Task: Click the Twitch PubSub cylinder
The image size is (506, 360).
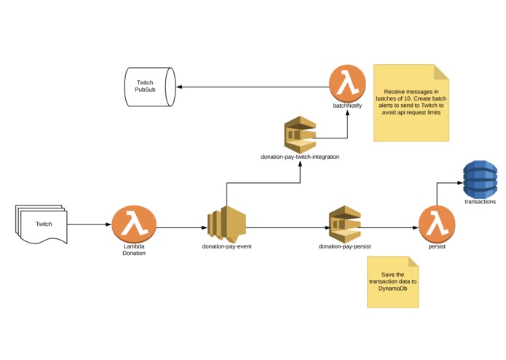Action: pyautogui.click(x=150, y=87)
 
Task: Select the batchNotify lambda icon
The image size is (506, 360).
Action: pyautogui.click(x=347, y=83)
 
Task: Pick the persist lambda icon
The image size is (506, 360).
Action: pyautogui.click(x=437, y=224)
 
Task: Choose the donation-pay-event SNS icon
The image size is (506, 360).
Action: pyautogui.click(x=226, y=224)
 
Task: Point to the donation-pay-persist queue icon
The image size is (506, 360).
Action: pyautogui.click(x=344, y=224)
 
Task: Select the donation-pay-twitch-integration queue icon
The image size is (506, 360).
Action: pyautogui.click(x=300, y=135)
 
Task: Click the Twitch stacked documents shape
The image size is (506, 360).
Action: pyautogui.click(x=41, y=224)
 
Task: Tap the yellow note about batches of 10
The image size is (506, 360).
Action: pyautogui.click(x=411, y=103)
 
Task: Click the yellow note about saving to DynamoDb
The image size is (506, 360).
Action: pyautogui.click(x=392, y=282)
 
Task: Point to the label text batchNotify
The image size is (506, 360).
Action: pyautogui.click(x=347, y=106)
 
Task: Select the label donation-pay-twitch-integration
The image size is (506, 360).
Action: pyautogui.click(x=300, y=157)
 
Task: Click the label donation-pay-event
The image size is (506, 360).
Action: pyautogui.click(x=226, y=246)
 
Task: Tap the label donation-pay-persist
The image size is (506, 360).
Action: pyautogui.click(x=344, y=246)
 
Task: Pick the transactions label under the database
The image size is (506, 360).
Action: pyautogui.click(x=481, y=202)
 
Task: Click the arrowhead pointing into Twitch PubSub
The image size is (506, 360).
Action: pyautogui.click(x=179, y=87)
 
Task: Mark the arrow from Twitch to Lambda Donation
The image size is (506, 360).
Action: pyautogui.click(x=90, y=224)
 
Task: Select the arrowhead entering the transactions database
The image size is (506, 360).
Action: pyautogui.click(x=460, y=183)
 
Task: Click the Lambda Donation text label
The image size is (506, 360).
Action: pyautogui.click(x=134, y=250)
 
